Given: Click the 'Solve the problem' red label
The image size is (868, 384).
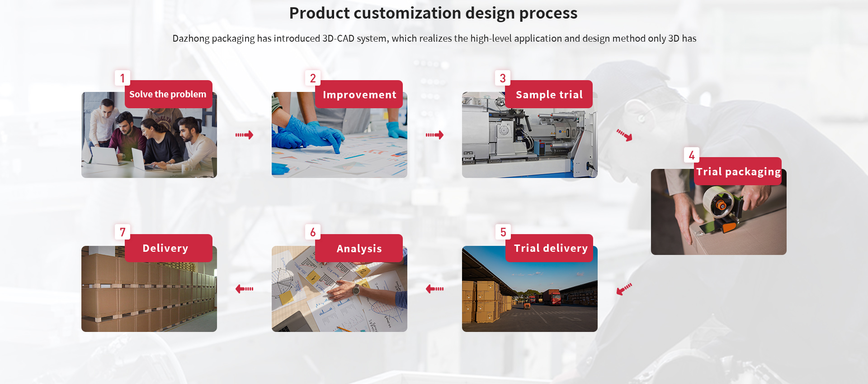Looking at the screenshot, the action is tap(168, 94).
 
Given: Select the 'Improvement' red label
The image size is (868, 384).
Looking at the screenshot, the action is tap(359, 94).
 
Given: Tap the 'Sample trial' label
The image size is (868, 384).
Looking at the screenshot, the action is tap(549, 94).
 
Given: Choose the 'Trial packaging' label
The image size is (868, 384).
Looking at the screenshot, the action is tap(738, 171).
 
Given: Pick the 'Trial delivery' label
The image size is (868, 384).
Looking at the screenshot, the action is tap(549, 248).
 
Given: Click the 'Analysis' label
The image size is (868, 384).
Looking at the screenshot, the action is tap(359, 248).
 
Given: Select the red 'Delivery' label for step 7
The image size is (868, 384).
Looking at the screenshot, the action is tap(168, 248).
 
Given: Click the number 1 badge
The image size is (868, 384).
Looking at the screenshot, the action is tap(122, 78).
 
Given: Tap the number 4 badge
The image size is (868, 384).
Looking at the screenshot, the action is tap(692, 155).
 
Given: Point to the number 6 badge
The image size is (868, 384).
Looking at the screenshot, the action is tap(313, 232).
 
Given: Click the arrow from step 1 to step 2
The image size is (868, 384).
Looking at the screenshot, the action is tap(244, 135).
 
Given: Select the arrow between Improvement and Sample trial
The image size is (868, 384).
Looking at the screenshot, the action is tap(434, 135).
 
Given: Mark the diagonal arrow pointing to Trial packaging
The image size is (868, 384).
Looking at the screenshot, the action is tap(625, 135).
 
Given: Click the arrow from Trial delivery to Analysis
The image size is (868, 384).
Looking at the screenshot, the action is tap(434, 288).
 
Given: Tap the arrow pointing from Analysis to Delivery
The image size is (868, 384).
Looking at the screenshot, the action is tap(244, 288).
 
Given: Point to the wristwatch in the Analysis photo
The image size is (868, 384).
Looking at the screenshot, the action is tap(356, 289).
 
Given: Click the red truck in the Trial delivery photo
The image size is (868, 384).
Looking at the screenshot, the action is tap(552, 297).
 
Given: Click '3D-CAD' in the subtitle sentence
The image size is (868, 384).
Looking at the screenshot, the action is tap(338, 38).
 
